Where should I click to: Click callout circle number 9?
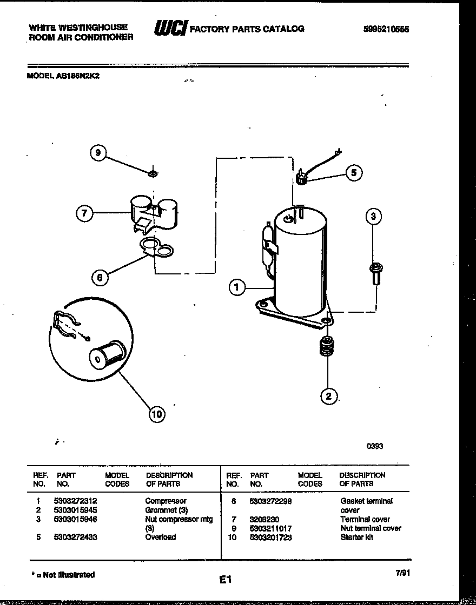pos(98,153)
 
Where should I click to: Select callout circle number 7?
pos(84,213)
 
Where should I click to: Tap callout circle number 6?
pos(100,278)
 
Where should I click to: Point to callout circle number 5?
pos(353,173)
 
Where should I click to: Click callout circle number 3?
pos(373,217)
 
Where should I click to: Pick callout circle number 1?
pos(236,287)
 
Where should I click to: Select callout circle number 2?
pos(328,396)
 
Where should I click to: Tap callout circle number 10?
pos(156,414)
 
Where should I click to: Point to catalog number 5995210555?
pos(386,29)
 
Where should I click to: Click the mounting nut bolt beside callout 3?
pos(374,273)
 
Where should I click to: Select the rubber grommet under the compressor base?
pos(326,347)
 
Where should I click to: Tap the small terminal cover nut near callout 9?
pos(153,173)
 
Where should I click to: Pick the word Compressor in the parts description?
pos(166,501)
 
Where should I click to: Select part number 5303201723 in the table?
pos(270,537)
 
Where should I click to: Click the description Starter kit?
pos(356,537)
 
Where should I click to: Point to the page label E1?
pos(225,580)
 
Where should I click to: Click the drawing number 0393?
pos(375,446)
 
